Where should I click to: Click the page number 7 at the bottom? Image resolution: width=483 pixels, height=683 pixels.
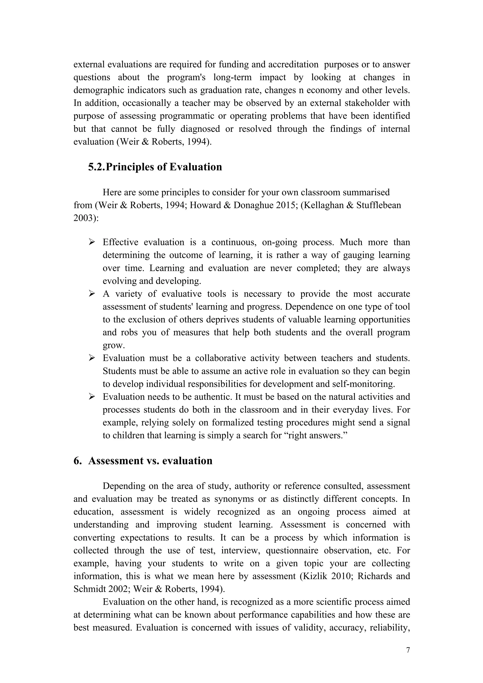click(408, 650)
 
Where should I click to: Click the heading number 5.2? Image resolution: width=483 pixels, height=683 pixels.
click(96, 167)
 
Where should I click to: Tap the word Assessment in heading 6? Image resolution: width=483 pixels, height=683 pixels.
click(116, 461)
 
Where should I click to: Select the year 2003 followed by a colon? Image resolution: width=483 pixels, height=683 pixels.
click(84, 218)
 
